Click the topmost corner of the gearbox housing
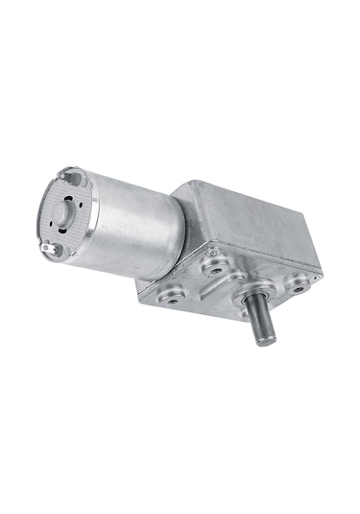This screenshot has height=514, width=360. coord(197,180)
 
